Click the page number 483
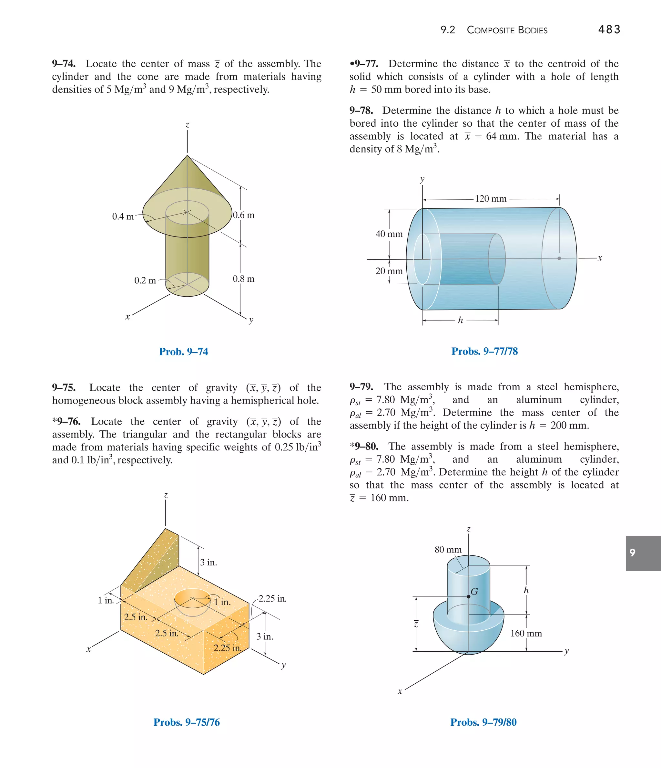pos(609,30)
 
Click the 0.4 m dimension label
pos(123,216)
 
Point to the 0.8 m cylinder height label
pos(243,279)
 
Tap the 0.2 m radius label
pos(145,280)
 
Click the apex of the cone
pos(188,155)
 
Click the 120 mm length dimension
pos(491,199)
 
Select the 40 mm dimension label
pos(389,234)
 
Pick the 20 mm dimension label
pos(389,271)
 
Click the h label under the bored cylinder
pos(460,320)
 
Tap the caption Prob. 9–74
pos(184,352)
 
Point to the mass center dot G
pos(468,597)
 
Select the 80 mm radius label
pos(448,549)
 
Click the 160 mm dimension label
pos(526,634)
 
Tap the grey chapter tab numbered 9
pos(643,553)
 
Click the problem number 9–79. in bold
pos(361,387)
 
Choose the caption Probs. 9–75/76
pos(187,722)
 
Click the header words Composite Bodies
pos(507,30)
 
